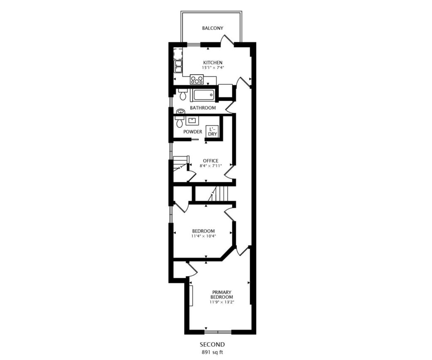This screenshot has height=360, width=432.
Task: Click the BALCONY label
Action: [213, 28]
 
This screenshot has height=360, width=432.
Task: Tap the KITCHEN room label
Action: [213, 62]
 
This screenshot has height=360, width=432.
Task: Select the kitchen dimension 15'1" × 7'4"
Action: [213, 67]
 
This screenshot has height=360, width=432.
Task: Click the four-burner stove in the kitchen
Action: [197, 80]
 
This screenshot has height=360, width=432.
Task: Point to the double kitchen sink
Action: [178, 66]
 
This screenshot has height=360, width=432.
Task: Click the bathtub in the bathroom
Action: [202, 95]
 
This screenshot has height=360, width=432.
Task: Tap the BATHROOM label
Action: [203, 108]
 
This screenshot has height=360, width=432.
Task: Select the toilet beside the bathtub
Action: [182, 94]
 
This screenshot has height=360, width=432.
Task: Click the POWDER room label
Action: [192, 132]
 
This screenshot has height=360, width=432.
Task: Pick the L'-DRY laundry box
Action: [213, 132]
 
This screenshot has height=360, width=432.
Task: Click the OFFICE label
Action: [211, 161]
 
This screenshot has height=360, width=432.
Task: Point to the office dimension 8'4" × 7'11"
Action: [211, 166]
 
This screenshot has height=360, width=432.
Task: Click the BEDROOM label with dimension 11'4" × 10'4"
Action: [203, 231]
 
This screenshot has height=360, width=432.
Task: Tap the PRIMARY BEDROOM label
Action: [221, 295]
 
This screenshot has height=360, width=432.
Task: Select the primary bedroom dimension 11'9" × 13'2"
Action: [222, 302]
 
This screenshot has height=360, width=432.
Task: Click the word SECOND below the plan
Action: [212, 344]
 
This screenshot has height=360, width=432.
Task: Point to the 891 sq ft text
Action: [212, 352]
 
